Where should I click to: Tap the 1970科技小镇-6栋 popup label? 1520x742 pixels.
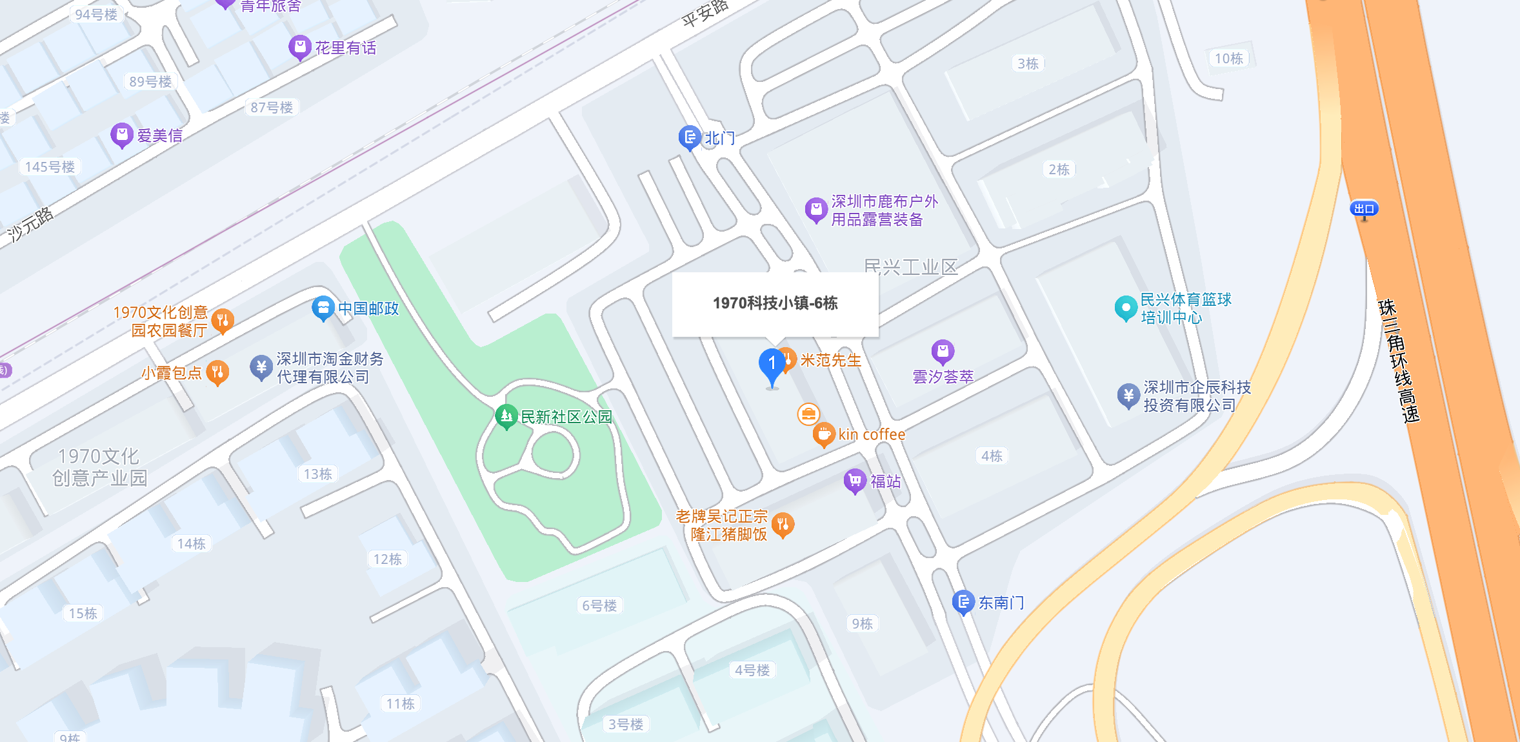[775, 303]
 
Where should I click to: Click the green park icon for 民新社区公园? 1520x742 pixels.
[506, 416]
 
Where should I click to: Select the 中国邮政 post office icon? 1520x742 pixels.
[323, 308]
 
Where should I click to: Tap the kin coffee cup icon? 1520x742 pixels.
[824, 434]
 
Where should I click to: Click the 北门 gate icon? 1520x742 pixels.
[690, 137]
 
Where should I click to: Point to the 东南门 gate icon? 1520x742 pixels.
[963, 602]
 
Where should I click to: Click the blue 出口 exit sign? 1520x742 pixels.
[1364, 208]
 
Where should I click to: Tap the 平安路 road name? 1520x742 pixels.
[705, 13]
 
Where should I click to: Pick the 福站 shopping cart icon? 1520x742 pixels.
[855, 481]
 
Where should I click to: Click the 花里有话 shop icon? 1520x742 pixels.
[300, 47]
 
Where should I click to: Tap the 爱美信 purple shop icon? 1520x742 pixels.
[121, 135]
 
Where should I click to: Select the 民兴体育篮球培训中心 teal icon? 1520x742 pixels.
[1126, 308]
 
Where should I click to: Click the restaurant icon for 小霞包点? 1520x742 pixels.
[217, 372]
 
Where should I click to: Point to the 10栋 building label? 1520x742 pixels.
[1228, 59]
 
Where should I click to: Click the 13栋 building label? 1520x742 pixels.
[318, 474]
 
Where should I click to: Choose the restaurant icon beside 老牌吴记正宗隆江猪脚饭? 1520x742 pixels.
[783, 525]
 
